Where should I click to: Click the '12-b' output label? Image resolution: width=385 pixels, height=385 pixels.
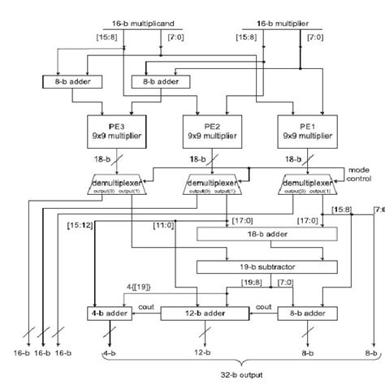coord(201,354)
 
